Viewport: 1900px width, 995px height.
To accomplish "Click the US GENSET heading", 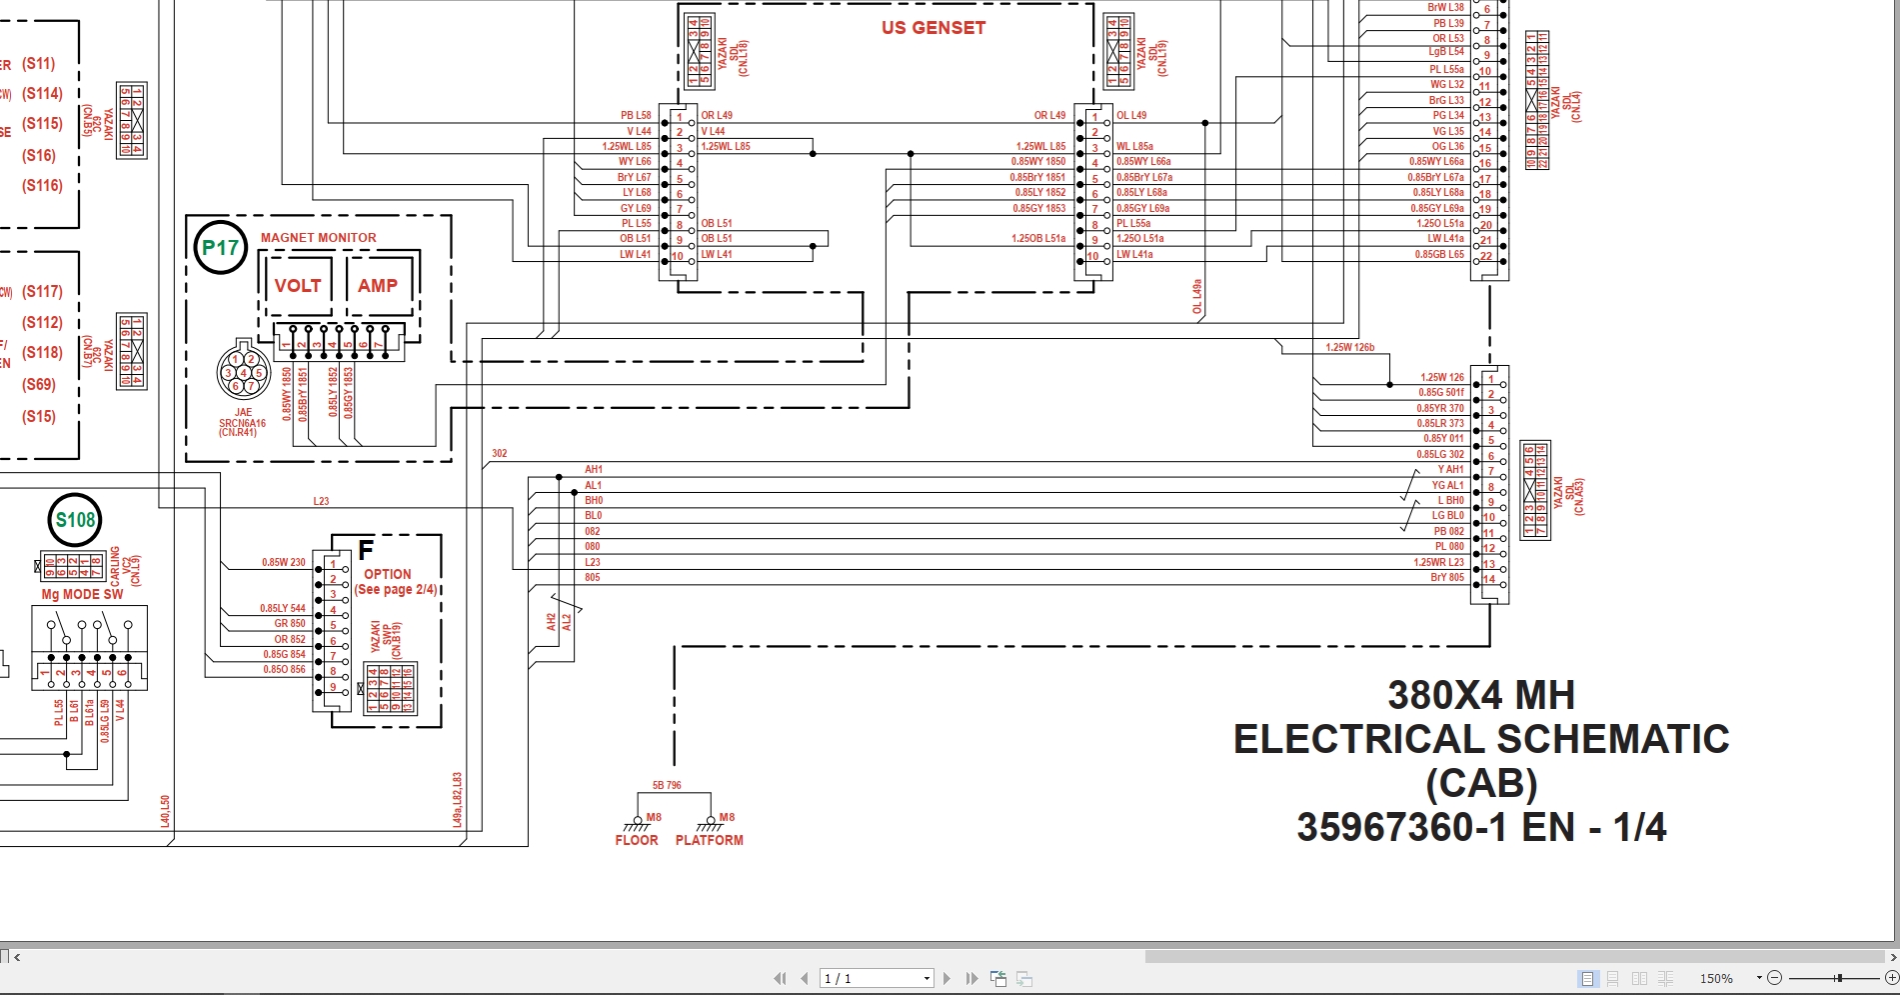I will [x=933, y=28].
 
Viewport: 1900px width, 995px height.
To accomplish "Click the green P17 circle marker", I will [x=220, y=248].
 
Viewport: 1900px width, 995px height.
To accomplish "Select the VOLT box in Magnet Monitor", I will [x=298, y=286].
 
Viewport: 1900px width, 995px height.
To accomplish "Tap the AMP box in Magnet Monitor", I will [x=378, y=286].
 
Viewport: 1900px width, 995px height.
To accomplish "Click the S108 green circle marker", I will [x=75, y=520].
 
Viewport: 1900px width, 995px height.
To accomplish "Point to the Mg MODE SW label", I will [x=82, y=594].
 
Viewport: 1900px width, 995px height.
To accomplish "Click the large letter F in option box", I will [x=366, y=550].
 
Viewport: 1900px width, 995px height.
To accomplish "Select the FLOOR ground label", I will [x=637, y=840].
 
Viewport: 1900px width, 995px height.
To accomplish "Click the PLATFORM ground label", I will [x=709, y=840].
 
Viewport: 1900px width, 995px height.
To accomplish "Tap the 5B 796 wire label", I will [x=667, y=785].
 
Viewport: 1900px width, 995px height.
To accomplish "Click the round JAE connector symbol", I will [x=243, y=373].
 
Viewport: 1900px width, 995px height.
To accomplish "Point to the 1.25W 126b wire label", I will [x=1349, y=348].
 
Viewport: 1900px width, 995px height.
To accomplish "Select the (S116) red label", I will [x=42, y=186].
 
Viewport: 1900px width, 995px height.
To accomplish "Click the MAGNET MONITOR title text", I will [x=318, y=238].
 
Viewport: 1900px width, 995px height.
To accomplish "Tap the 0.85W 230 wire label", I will [x=284, y=562].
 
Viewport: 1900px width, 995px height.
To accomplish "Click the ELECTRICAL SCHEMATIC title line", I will [x=1480, y=739].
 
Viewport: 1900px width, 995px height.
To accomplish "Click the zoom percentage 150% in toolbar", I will [x=1716, y=978].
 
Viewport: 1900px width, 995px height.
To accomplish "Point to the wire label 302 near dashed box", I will [x=499, y=453].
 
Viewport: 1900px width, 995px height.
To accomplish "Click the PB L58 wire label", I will [x=636, y=115].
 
